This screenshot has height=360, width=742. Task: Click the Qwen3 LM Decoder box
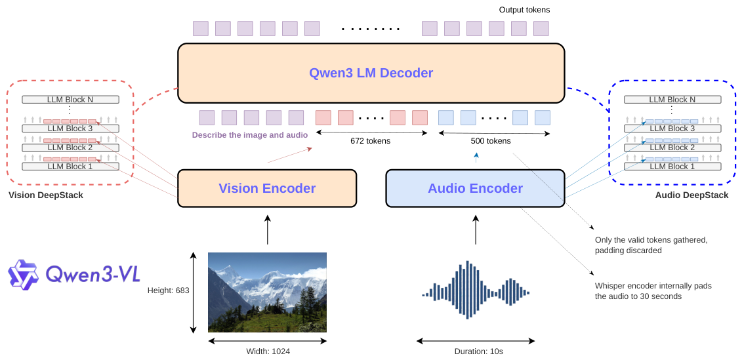point(371,73)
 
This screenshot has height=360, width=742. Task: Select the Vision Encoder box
point(267,188)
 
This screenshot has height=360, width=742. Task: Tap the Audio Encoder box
point(475,188)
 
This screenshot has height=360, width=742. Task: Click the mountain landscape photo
point(268,292)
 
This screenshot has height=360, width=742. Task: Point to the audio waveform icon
point(476,290)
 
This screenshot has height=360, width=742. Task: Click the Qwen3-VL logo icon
point(23,274)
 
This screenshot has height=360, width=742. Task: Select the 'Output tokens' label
point(525,10)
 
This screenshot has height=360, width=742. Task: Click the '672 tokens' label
point(371,141)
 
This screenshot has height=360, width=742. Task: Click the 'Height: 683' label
point(169,290)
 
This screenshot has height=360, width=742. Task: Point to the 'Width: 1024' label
point(268,351)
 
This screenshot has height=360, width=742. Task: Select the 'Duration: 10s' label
point(476,351)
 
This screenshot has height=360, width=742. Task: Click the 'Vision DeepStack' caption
point(46,195)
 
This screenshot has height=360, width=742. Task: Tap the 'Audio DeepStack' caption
point(692,195)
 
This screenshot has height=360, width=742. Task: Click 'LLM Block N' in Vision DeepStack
point(70,100)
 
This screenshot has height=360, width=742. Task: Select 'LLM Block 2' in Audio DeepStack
point(672,148)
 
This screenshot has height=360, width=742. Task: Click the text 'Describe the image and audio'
point(250,135)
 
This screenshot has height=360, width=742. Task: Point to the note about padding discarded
point(651,245)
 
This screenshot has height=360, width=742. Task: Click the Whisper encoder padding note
point(653,291)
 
